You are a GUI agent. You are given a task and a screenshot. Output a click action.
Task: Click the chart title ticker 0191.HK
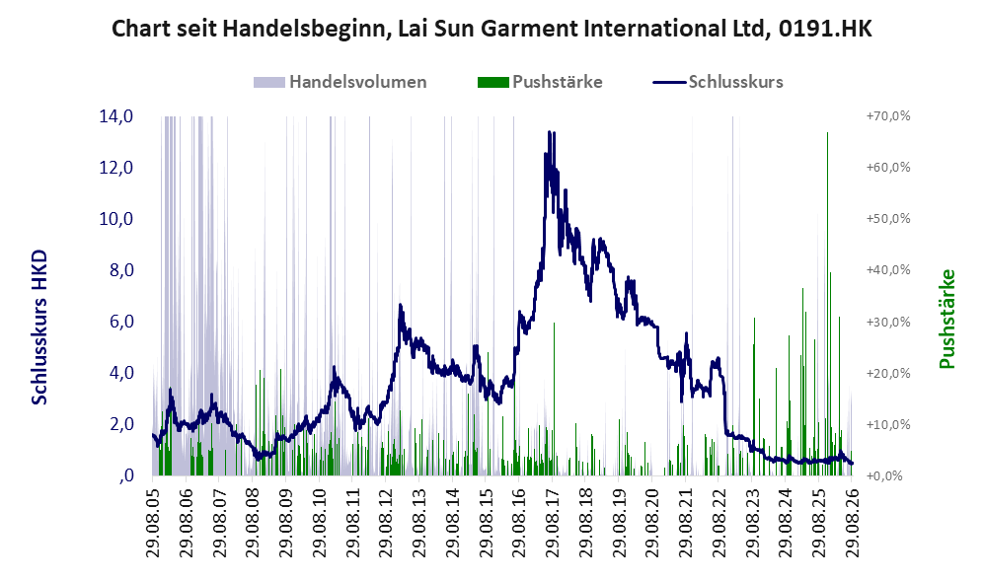tap(824, 29)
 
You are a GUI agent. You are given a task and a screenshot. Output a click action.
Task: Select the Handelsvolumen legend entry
tap(341, 82)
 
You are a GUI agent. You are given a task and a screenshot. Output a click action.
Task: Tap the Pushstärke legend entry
tap(540, 82)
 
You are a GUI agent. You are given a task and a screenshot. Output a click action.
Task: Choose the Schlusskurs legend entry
tap(718, 82)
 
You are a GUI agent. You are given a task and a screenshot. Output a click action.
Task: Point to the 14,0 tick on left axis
tap(116, 116)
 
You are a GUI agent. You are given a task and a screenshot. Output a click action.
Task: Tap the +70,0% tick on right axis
tap(888, 116)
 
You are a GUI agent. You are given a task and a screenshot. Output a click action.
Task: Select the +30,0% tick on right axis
tap(888, 322)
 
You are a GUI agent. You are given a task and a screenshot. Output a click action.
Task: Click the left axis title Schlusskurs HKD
tap(39, 327)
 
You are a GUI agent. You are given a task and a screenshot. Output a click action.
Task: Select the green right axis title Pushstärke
tap(946, 319)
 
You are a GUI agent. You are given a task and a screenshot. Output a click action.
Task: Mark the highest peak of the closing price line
tap(549, 132)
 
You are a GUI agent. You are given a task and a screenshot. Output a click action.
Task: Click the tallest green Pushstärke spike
tap(827, 133)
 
